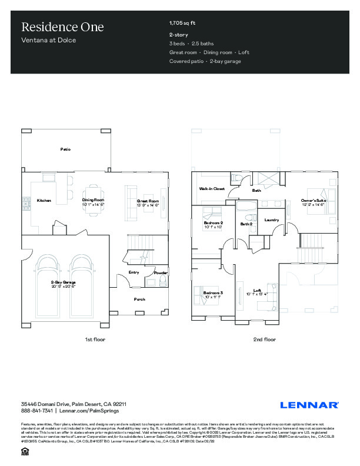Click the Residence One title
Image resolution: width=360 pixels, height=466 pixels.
click(62, 27)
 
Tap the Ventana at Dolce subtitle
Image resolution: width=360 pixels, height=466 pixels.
click(49, 41)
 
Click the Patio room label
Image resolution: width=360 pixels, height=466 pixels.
click(65, 149)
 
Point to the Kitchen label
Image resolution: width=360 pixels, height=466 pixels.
click(44, 201)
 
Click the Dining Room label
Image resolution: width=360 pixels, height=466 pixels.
click(93, 201)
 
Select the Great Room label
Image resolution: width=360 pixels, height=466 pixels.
click(148, 201)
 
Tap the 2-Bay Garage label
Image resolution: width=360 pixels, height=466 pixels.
click(63, 283)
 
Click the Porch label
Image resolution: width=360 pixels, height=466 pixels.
click(139, 299)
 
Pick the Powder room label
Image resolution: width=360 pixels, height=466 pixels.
click(161, 273)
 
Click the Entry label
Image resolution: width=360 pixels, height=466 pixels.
click(134, 272)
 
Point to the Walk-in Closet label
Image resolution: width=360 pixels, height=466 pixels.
click(212, 189)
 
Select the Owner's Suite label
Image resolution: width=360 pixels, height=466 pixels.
click(314, 201)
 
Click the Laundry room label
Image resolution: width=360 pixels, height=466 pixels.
click(271, 220)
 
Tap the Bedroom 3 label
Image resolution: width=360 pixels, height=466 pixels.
click(213, 292)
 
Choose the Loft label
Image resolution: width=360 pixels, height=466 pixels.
click(257, 290)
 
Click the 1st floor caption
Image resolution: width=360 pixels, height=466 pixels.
click(95, 339)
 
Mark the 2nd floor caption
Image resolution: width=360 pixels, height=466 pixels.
click(265, 339)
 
